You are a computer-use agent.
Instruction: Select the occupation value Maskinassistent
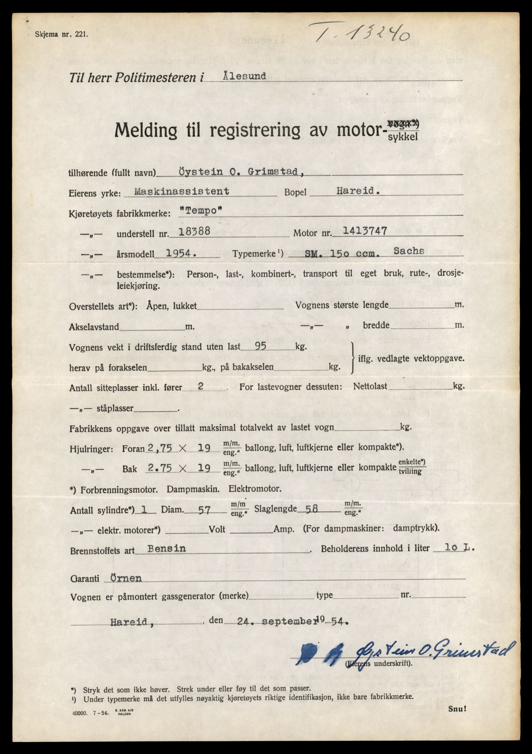coord(182,191)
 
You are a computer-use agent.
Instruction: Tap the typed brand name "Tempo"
coord(202,211)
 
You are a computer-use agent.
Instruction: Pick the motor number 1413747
coord(364,231)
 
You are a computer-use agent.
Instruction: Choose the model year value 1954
coord(178,253)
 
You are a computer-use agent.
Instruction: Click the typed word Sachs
coord(408,251)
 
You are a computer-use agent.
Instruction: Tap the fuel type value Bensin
coord(166,548)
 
